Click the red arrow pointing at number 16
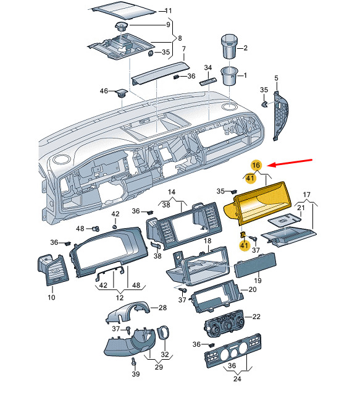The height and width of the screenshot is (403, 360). pyautogui.click(x=290, y=163)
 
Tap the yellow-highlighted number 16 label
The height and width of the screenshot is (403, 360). pyautogui.click(x=256, y=165)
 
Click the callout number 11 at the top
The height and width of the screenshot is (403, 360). pyautogui.click(x=169, y=11)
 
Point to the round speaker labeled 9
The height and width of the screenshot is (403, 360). pyautogui.click(x=122, y=26)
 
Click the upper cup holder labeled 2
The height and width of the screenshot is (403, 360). pyautogui.click(x=229, y=46)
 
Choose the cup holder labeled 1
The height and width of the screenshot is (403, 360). pyautogui.click(x=229, y=76)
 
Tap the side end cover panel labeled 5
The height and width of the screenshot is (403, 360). pyautogui.click(x=280, y=115)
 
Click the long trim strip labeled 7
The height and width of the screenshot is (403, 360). pyautogui.click(x=160, y=73)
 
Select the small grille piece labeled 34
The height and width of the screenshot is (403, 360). pyautogui.click(x=208, y=82)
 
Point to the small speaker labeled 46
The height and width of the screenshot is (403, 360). pyautogui.click(x=121, y=93)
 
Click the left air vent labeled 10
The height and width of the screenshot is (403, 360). pyautogui.click(x=53, y=270)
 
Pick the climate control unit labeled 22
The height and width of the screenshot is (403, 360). pyautogui.click(x=225, y=322)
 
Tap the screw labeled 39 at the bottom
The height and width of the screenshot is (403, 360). pyautogui.click(x=133, y=362)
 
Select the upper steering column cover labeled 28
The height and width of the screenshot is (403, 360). pyautogui.click(x=128, y=312)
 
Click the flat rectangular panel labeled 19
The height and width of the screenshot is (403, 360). pyautogui.click(x=255, y=265)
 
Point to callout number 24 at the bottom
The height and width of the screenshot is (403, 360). pyautogui.click(x=237, y=378)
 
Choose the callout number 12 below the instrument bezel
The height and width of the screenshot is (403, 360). pyautogui.click(x=120, y=298)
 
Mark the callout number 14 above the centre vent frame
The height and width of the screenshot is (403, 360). pyautogui.click(x=172, y=192)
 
